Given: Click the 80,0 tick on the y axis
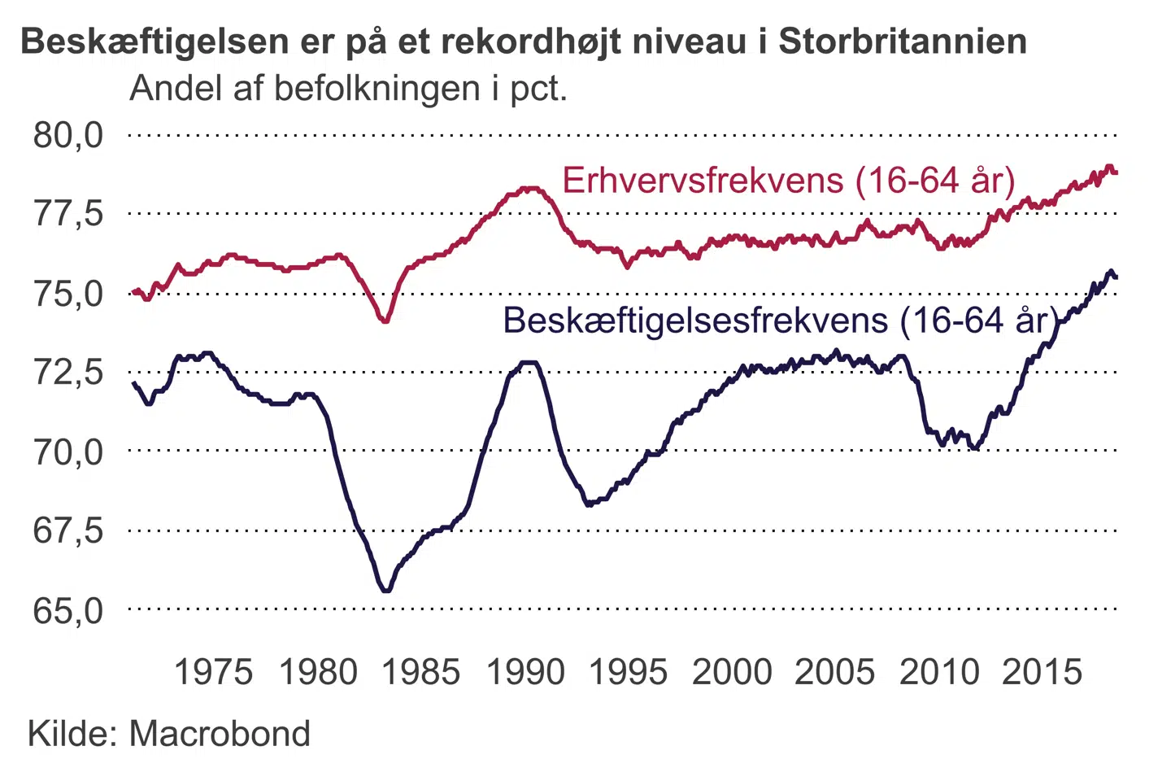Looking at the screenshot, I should pos(68,135).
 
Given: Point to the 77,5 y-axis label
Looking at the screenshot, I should pos(68,214).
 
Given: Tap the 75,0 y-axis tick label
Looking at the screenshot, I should pos(68,294).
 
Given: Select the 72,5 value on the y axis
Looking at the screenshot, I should pos(68,372).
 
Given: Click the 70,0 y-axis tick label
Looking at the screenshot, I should pos(68,451).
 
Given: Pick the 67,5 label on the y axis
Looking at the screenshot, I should pos(68,530).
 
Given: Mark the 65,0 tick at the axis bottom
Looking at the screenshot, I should pos(68,609).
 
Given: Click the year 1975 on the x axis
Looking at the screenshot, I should pos(214,672).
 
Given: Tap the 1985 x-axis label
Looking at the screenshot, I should pos(420,672).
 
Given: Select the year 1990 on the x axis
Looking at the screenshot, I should pos(525,672).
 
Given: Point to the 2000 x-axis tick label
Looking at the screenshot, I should pos(732,672).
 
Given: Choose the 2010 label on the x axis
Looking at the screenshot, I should pos(939,672).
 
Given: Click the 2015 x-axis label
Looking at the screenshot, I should pos(1043,672).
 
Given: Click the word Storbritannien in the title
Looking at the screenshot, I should pos(903,41).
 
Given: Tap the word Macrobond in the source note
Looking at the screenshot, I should pos(220,734).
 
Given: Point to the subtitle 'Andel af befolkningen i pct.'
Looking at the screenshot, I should pos(348,88).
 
